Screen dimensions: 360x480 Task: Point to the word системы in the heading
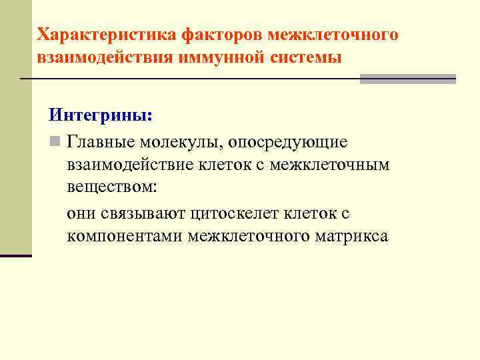click(x=307, y=57)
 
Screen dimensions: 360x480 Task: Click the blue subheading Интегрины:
click(x=101, y=115)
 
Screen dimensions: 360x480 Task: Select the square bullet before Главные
click(x=55, y=142)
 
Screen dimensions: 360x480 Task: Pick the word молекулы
click(x=176, y=142)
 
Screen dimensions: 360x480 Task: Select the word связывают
click(x=143, y=214)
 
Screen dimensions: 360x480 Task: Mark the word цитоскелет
click(x=236, y=214)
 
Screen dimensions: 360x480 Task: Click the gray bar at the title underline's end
click(x=407, y=79)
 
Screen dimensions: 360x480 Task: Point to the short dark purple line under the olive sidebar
click(x=15, y=255)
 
